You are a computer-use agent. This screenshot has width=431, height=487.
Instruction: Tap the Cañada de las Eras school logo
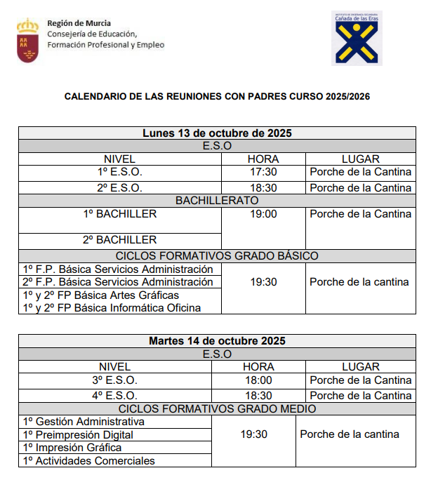[x=357, y=39]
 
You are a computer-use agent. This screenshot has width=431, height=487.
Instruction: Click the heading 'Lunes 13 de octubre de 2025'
[x=217, y=133]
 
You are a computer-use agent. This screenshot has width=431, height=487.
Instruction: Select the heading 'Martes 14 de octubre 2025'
[x=217, y=341]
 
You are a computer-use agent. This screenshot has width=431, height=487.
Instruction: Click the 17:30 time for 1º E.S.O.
[x=263, y=172]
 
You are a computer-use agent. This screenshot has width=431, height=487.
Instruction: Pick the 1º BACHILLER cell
[x=119, y=214]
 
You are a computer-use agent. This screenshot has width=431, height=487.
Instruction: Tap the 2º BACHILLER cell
[x=119, y=240]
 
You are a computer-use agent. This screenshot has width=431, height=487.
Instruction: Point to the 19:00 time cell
[x=263, y=214]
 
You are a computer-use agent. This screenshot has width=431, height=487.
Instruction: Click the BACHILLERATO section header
[x=217, y=201]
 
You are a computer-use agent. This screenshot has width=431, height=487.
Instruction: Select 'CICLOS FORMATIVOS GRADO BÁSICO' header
[x=217, y=255]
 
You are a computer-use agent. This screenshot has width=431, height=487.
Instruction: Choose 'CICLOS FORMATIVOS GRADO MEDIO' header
[x=217, y=408]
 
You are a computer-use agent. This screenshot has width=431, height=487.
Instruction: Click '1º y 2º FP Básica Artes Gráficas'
[x=101, y=295]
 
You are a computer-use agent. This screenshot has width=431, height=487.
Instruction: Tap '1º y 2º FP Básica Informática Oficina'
[x=112, y=308]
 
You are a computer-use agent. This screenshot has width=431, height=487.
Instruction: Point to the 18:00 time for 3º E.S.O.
[x=258, y=380]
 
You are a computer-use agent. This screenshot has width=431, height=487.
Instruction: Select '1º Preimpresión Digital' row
[x=78, y=434]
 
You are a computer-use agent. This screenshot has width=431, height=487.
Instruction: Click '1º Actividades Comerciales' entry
[x=89, y=460]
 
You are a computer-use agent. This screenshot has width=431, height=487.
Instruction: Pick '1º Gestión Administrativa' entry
[x=84, y=422]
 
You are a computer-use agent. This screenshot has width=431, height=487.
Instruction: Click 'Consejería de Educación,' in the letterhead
[x=92, y=34]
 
